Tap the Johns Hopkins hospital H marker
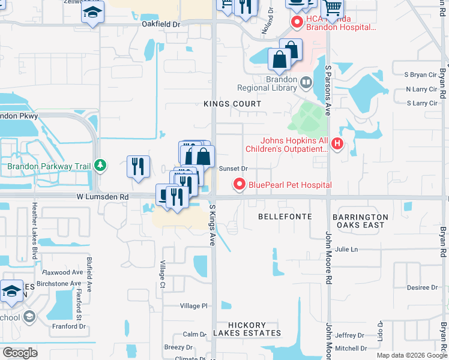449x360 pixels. (337, 144)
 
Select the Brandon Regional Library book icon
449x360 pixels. (307, 82)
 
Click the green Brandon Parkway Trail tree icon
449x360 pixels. (101, 165)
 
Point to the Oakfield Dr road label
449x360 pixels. (161, 25)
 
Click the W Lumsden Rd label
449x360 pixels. (103, 197)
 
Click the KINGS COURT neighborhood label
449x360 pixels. (232, 104)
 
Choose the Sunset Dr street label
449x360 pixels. (234, 169)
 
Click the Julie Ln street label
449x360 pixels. (346, 249)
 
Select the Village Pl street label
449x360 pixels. (194, 306)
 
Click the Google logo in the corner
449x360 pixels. (20, 353)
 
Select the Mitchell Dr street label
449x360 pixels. (351, 348)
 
